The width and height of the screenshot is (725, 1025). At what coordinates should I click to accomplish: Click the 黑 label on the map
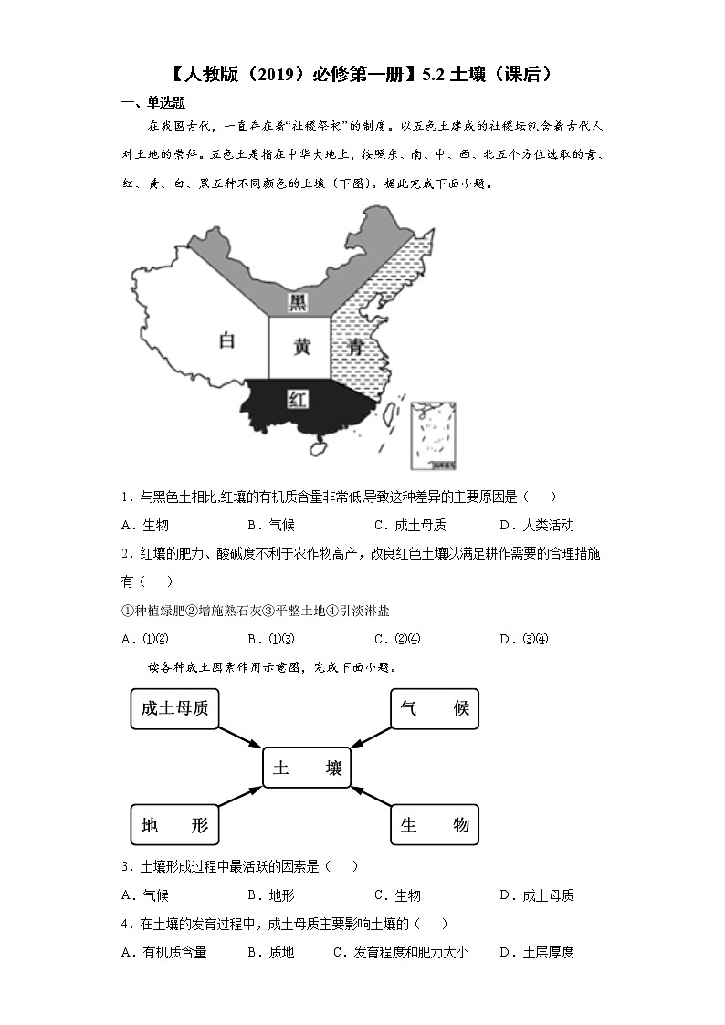coord(298,302)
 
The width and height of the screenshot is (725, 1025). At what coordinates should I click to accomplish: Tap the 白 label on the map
coord(227,341)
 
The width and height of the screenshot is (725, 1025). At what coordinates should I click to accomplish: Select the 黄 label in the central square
coord(301,347)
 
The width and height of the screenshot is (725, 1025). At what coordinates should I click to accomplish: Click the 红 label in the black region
coord(296,399)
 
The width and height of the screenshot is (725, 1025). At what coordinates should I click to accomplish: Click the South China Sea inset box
coord(433,437)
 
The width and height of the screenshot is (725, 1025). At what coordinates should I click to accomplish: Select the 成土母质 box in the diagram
coord(175,708)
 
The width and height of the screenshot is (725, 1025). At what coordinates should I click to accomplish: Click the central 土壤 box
coord(306,769)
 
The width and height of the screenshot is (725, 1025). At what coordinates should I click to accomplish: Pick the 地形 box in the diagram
coord(175,825)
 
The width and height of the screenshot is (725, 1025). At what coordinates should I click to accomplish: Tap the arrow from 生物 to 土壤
coord(371,798)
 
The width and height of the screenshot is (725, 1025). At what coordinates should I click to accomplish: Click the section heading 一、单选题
coord(153,102)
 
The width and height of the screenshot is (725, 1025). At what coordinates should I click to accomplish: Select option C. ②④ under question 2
coord(396,639)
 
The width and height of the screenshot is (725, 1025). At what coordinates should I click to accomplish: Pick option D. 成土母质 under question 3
coord(537,895)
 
